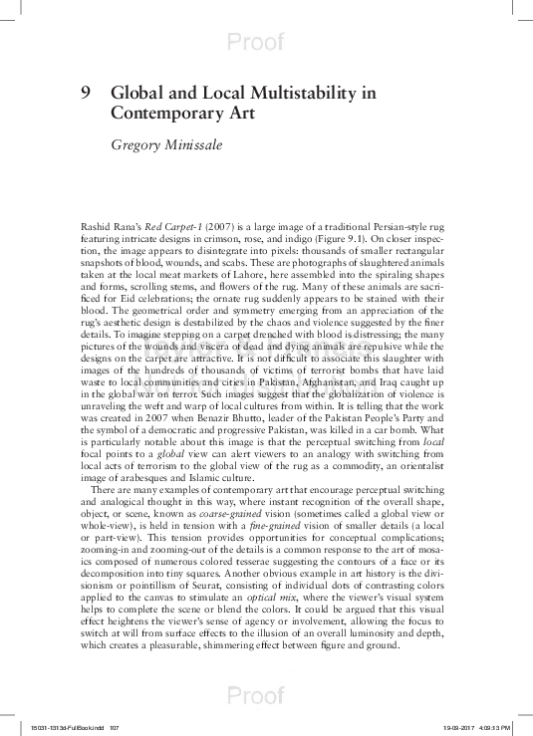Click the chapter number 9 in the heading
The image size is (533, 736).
(x=86, y=93)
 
